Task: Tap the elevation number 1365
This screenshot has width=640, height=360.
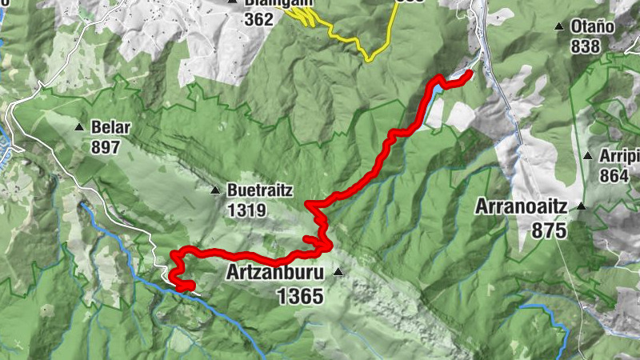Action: pyautogui.click(x=300, y=296)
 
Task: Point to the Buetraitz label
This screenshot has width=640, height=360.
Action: pyautogui.click(x=260, y=191)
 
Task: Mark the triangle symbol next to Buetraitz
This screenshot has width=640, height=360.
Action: pyautogui.click(x=215, y=190)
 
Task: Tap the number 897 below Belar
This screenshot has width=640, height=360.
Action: pyautogui.click(x=105, y=147)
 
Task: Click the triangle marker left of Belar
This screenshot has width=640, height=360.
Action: pyautogui.click(x=79, y=127)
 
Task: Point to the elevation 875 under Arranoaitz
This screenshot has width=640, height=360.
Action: pyautogui.click(x=548, y=231)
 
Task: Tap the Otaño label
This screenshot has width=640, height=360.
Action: pyautogui.click(x=592, y=26)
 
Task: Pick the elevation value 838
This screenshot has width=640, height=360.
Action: pyautogui.click(x=586, y=46)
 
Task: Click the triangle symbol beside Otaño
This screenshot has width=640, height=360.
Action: pyautogui.click(x=559, y=26)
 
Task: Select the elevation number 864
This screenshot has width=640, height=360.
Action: pyautogui.click(x=614, y=176)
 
